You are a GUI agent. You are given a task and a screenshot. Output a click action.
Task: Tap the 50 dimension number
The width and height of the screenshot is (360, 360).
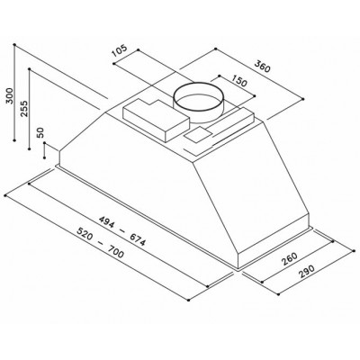pyautogui.click(x=40, y=132)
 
